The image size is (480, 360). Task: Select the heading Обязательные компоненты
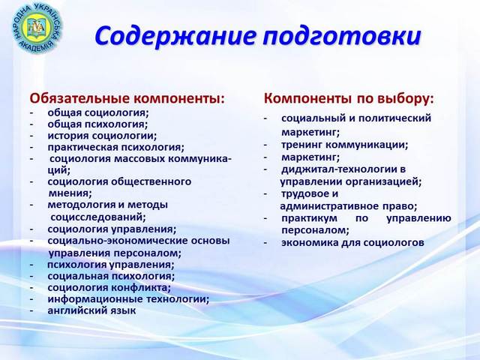(x=127, y=98)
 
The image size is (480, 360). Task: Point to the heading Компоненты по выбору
(x=349, y=98)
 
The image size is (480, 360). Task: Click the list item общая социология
(x=98, y=113)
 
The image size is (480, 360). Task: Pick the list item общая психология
(x=98, y=124)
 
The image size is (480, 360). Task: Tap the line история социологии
(x=102, y=136)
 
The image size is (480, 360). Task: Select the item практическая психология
(x=116, y=148)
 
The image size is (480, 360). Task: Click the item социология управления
(x=112, y=229)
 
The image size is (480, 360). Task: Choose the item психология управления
(x=111, y=265)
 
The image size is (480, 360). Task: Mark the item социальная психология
(x=111, y=277)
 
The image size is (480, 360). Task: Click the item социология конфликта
(x=109, y=288)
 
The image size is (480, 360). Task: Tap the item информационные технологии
(x=128, y=299)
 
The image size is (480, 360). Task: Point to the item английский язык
(x=91, y=311)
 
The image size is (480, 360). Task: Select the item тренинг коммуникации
(x=345, y=145)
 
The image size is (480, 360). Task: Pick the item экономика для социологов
(x=352, y=243)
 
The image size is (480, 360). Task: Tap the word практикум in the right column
(x=310, y=218)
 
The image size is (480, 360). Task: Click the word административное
(x=329, y=206)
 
